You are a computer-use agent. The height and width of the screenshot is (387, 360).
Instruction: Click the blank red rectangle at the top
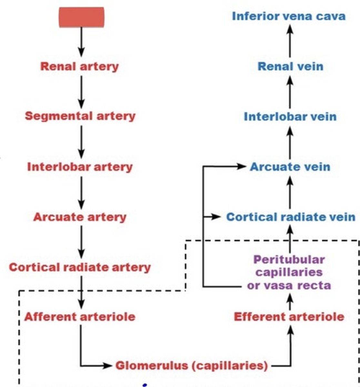[x=81, y=17]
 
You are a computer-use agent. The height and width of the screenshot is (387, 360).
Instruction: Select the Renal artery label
[x=79, y=66]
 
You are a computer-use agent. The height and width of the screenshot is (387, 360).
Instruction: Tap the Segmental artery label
[x=80, y=116]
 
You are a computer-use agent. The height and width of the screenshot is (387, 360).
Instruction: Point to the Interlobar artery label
[x=80, y=167]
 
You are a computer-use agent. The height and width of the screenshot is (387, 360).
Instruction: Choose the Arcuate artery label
[x=80, y=217]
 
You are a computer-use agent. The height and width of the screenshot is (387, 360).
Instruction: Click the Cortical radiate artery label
[x=80, y=267]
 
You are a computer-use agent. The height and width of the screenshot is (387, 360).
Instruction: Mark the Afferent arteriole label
[x=80, y=317]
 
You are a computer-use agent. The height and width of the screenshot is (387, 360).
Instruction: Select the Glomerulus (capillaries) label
[x=192, y=366]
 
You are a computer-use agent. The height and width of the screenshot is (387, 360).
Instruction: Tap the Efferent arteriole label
[x=289, y=317]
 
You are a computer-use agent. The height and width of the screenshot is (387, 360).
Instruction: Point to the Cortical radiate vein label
[x=291, y=217]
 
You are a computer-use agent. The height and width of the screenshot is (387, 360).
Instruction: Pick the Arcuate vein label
[x=290, y=167]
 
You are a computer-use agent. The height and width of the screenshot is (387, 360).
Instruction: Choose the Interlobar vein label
[x=290, y=116]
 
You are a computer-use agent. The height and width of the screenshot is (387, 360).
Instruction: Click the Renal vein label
[x=290, y=66]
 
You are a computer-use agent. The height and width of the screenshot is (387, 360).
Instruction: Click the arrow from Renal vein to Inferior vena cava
[x=290, y=41]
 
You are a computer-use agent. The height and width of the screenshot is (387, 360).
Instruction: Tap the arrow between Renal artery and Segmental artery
[x=81, y=92]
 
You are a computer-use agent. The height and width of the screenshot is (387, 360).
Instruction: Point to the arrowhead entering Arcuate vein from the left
[x=242, y=166]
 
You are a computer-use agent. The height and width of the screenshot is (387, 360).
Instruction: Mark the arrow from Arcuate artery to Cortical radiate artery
[x=81, y=242]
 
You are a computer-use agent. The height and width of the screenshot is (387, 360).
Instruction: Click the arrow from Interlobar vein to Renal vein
[x=290, y=92]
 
